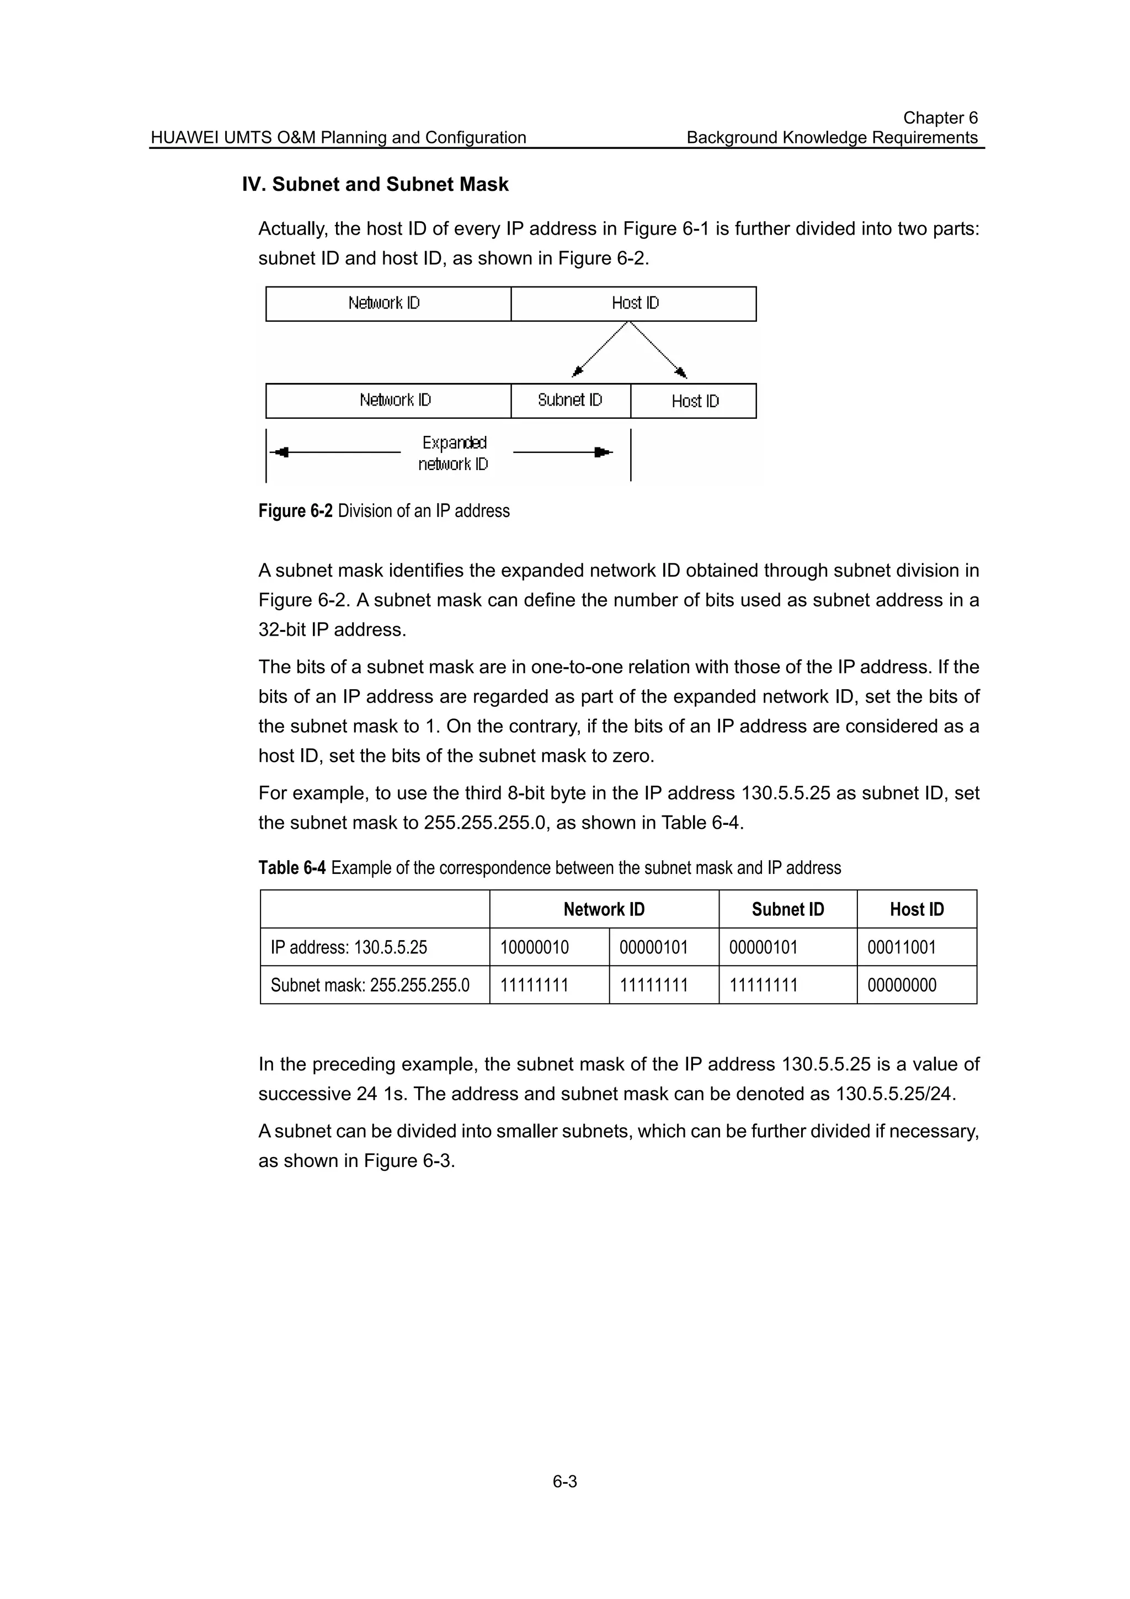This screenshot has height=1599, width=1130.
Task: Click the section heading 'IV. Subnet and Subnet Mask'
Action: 375,184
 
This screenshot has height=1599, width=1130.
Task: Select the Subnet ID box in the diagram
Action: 570,401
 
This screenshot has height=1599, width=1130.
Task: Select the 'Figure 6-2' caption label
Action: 295,511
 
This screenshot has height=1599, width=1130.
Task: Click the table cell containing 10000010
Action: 535,948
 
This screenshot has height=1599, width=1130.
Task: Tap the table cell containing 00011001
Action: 902,948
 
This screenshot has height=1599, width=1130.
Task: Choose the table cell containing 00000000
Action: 902,985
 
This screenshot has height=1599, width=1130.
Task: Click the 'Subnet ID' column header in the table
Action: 787,909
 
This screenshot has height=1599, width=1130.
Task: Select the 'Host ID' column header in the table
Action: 916,909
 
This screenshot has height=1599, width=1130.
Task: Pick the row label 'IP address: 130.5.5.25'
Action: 349,948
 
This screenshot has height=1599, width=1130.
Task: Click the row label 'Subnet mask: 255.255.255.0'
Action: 370,985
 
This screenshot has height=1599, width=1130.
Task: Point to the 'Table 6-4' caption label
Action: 292,868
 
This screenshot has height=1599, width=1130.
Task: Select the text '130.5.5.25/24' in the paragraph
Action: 894,1094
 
